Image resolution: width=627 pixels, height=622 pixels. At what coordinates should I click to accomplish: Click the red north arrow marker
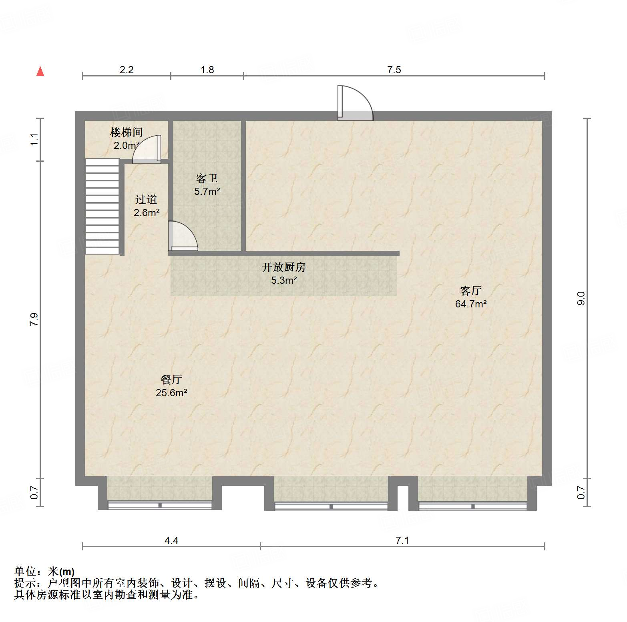coord(40,71)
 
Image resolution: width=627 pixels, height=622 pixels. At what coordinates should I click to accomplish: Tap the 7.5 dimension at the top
coord(394,70)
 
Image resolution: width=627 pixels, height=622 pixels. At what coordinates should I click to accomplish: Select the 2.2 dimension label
coord(127,70)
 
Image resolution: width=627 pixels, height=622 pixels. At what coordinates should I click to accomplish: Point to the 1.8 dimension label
coord(207,70)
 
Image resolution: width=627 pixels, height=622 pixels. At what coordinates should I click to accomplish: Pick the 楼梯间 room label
coord(126,132)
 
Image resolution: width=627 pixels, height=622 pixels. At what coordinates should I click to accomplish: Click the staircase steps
coord(102,207)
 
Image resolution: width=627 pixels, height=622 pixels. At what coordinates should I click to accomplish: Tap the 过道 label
coord(146,199)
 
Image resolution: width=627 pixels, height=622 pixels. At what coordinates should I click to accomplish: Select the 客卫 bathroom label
coord(207,178)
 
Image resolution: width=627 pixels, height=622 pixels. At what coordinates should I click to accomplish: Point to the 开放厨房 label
coord(283,267)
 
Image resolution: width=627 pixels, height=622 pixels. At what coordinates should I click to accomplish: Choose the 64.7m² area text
coord(471,304)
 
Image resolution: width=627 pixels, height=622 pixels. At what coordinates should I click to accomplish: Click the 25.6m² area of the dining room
coord(171,393)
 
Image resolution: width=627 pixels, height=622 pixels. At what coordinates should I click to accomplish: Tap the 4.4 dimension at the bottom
coord(171,541)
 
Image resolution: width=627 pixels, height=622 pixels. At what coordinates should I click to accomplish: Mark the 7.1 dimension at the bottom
coord(402,541)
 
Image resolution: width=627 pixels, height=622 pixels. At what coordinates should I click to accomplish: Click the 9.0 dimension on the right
coord(581,298)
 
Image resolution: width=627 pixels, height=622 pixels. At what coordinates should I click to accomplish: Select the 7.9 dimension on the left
coord(34,319)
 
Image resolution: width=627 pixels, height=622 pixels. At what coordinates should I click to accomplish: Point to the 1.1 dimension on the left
coord(34,140)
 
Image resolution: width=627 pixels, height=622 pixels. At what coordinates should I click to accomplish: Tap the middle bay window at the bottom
coord(331,493)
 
